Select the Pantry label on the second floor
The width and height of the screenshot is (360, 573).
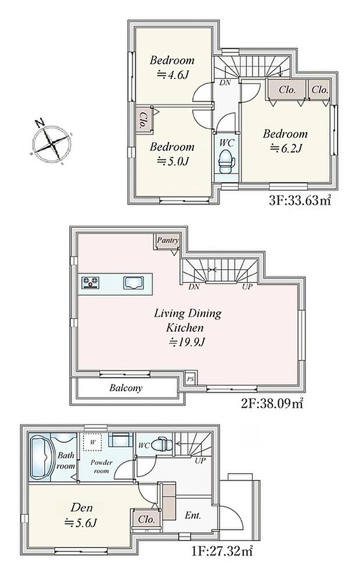tap(168, 241)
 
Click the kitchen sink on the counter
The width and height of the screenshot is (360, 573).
tap(134, 283)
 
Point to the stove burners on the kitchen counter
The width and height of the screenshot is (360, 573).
tap(90, 282)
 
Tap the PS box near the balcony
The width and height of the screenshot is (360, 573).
tap(190, 379)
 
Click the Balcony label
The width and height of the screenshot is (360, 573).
tap(125, 388)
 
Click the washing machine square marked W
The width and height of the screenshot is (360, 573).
tap(93, 442)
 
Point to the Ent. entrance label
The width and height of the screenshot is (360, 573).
tap(193, 515)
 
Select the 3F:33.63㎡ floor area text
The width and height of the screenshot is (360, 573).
tap(300, 200)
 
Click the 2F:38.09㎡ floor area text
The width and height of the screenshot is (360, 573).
tap(272, 403)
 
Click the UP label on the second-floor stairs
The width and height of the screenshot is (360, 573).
tap(247, 287)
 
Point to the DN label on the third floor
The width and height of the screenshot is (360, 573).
tap(225, 83)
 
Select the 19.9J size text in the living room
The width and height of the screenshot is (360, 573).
tap(187, 342)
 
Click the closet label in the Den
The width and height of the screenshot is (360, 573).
tap(146, 520)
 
